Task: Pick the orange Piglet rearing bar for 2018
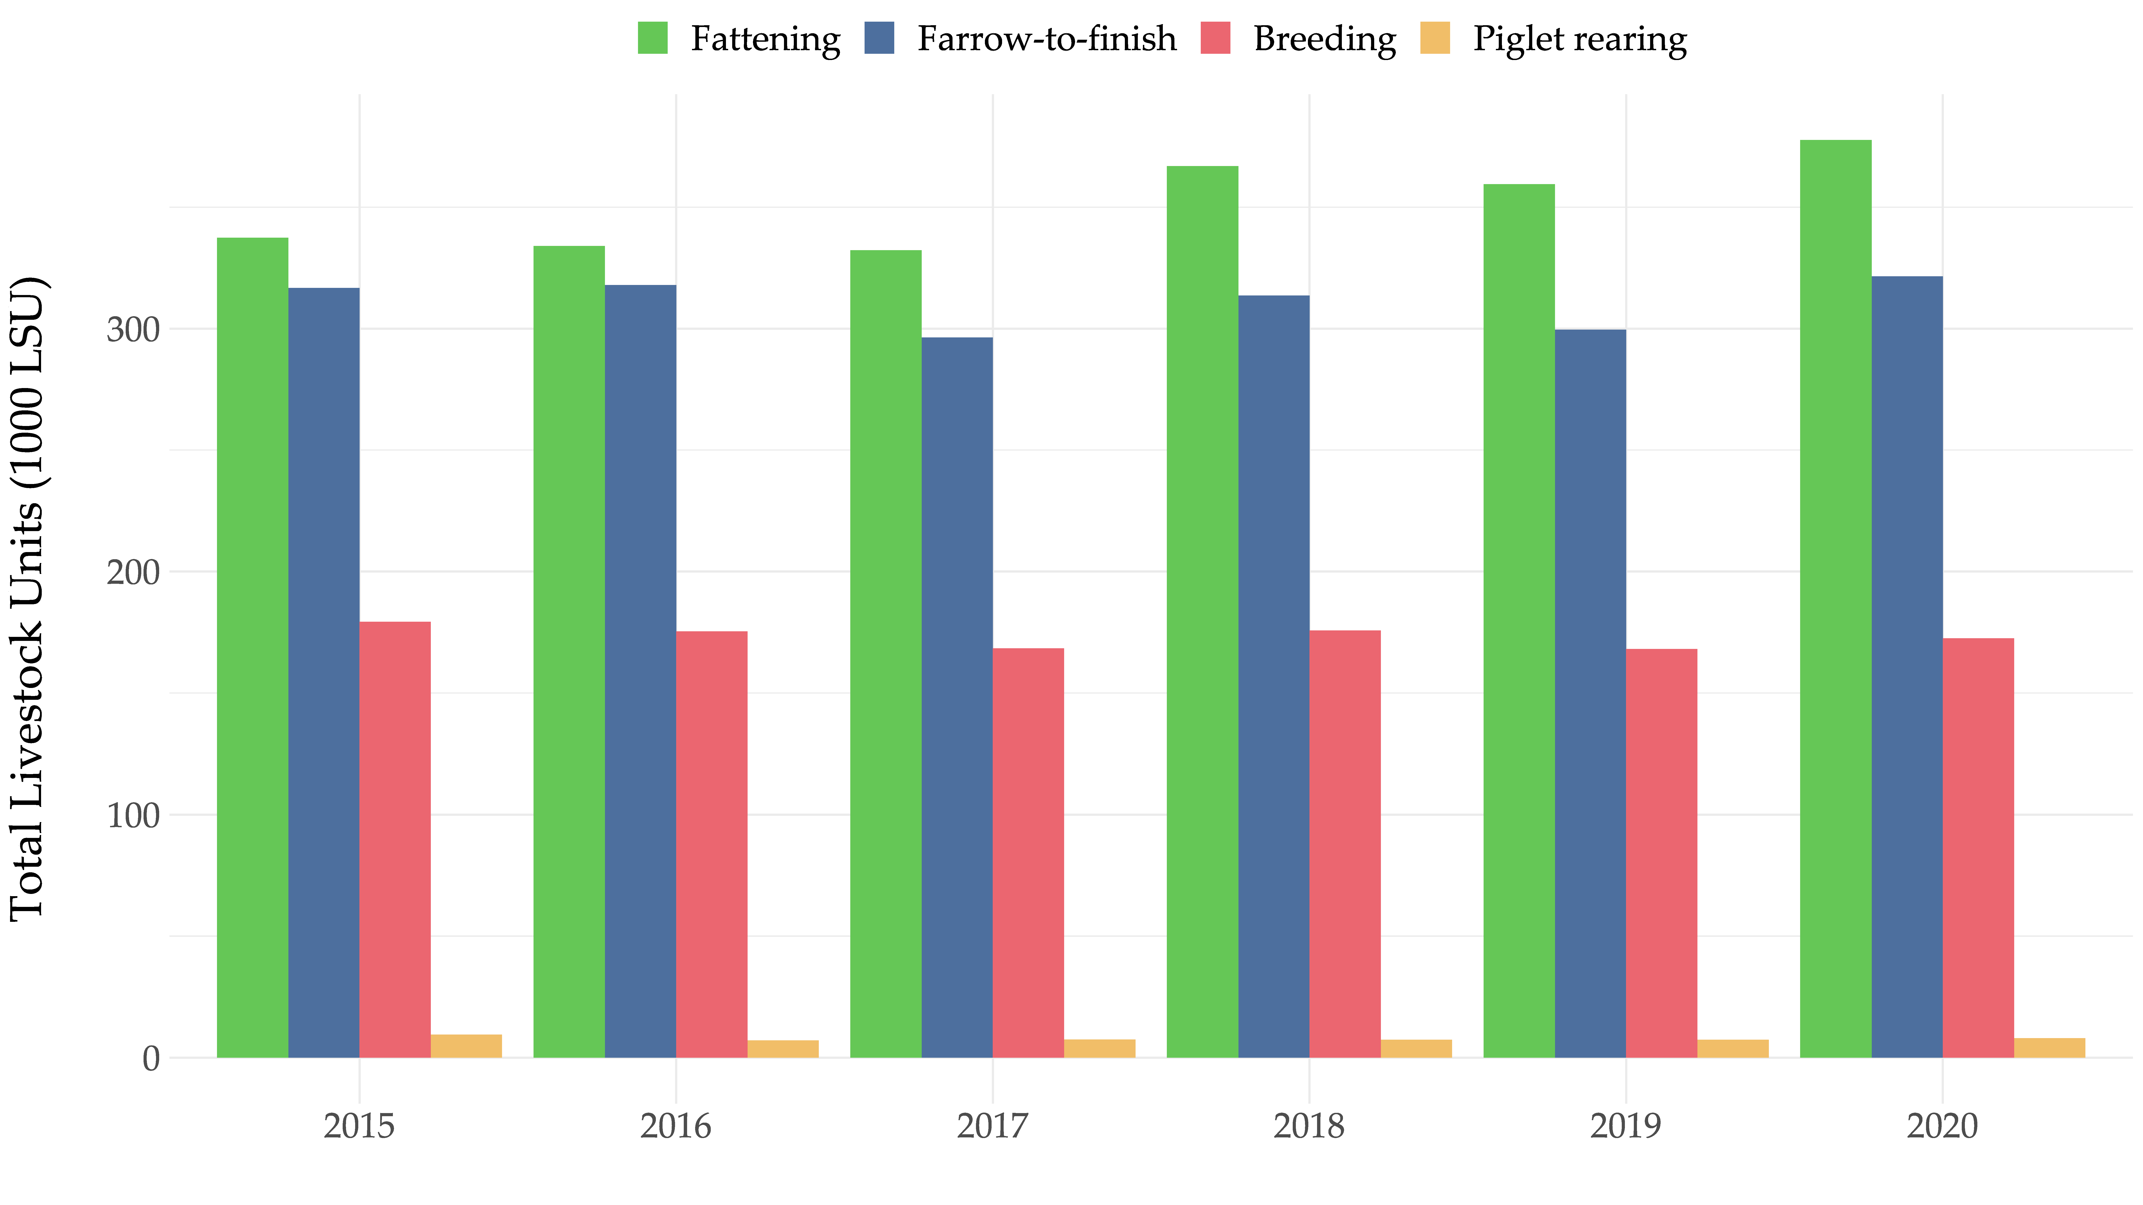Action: click(x=1416, y=1049)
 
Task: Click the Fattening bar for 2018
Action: click(x=1202, y=611)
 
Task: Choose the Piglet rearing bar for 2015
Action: click(x=466, y=1046)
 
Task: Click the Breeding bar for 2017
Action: click(x=1028, y=852)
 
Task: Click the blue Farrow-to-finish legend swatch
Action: click(x=879, y=38)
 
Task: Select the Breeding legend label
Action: click(x=1324, y=39)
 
